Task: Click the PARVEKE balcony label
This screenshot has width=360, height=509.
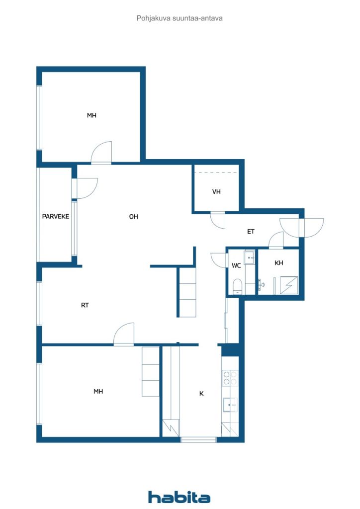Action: pos(56,216)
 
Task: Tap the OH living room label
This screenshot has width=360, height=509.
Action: pos(133,217)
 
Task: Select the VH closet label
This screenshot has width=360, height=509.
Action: pos(216,191)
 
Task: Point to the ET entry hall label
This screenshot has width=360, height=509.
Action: pos(251,232)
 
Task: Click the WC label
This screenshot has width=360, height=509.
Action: pos(236,265)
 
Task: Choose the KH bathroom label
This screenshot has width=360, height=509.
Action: pos(278,262)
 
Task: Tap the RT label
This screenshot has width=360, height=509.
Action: pos(85,305)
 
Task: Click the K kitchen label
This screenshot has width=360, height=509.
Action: pos(201,394)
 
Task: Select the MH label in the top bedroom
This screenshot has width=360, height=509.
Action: pos(91,115)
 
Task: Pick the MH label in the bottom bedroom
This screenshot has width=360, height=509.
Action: pos(98,392)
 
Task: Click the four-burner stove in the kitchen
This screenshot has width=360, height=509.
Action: pos(230,378)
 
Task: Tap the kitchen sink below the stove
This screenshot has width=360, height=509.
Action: pos(230,405)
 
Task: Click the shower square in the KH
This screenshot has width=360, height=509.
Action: pos(289,285)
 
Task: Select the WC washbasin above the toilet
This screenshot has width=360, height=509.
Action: pos(250,258)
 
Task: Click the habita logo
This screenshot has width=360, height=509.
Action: pos(179,497)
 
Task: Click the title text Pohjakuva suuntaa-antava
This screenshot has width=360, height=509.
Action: pos(180,18)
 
